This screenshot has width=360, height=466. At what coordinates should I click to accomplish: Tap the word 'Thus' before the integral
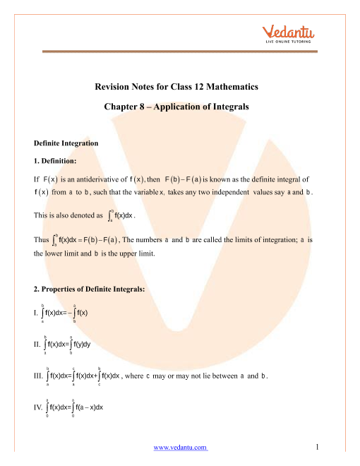40,240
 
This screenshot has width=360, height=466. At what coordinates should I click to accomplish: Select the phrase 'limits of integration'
252,240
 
